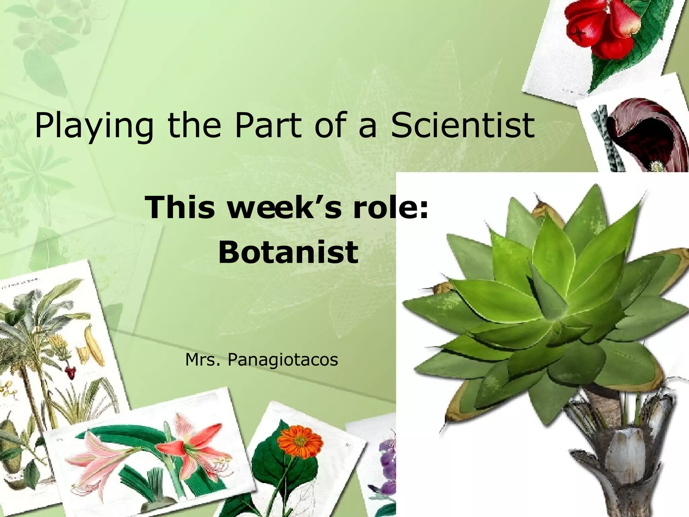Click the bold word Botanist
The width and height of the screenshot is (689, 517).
click(x=288, y=252)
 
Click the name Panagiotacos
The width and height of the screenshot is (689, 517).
click(x=283, y=360)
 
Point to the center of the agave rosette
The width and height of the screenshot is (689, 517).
click(x=552, y=313)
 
